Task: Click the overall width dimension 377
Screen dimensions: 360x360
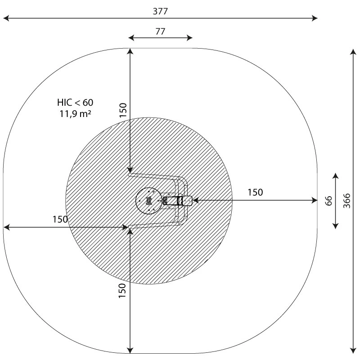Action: tap(160, 11)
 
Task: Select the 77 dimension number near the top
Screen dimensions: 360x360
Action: tap(160, 31)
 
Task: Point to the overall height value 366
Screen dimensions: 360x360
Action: tap(346, 201)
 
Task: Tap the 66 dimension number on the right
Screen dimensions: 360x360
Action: tap(329, 201)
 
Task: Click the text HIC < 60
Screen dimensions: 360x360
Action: tap(75, 103)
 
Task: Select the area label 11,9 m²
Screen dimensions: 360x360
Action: tap(75, 113)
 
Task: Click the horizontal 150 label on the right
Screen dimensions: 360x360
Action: tap(255, 193)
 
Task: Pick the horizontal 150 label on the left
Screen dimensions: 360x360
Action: tap(60, 219)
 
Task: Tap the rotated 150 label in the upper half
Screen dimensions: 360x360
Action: tap(123, 110)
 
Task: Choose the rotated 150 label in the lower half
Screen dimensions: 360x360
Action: tap(122, 291)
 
